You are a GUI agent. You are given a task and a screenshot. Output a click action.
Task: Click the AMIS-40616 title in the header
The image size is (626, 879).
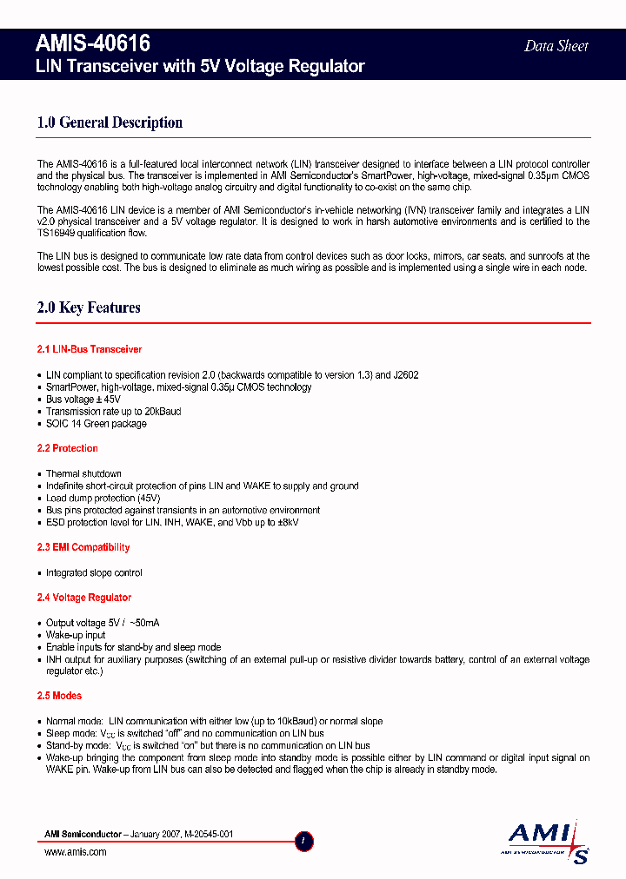(94, 44)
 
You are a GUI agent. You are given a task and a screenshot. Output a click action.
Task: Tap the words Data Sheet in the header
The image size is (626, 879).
(556, 46)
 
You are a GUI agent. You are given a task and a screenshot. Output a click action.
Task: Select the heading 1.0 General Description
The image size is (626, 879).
(110, 122)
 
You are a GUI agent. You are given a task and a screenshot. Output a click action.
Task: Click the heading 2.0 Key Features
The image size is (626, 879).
(89, 307)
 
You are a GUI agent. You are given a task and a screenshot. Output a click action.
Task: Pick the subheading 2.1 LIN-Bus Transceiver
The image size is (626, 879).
(90, 349)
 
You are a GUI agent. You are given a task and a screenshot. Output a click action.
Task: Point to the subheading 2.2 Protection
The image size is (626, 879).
(68, 448)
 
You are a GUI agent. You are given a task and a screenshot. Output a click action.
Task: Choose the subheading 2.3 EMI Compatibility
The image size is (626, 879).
(83, 547)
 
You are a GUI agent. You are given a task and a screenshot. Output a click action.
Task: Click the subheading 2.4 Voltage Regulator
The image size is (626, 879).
(84, 598)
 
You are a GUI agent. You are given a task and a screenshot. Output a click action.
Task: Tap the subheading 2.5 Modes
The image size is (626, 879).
(59, 696)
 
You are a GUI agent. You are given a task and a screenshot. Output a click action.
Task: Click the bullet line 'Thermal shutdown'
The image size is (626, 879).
(83, 474)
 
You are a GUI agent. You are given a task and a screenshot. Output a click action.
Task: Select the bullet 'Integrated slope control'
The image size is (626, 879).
(94, 573)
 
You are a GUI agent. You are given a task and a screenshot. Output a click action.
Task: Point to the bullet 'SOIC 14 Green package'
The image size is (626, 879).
(96, 424)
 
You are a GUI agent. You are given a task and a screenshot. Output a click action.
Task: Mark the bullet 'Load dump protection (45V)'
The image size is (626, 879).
(103, 499)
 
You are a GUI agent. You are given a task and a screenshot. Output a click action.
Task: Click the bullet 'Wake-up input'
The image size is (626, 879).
(76, 636)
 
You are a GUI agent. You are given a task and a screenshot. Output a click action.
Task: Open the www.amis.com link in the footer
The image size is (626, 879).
(75, 852)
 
